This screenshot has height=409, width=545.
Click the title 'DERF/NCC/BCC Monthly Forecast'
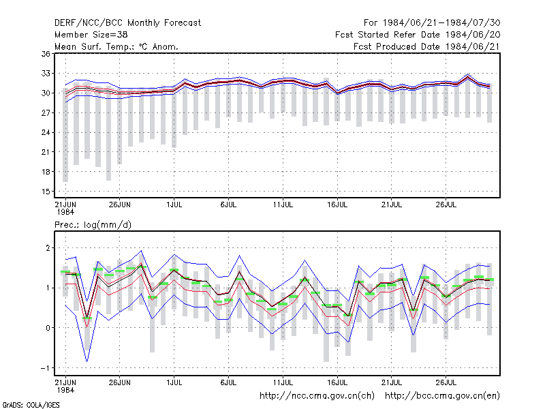tap(127, 23)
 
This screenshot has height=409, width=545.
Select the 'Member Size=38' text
tap(91, 35)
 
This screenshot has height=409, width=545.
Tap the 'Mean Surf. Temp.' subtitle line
tap(116, 46)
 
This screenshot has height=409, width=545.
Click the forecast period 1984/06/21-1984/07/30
tap(432, 23)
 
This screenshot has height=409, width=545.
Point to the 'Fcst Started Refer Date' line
tap(418, 35)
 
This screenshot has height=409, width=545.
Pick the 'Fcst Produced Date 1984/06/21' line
tap(426, 46)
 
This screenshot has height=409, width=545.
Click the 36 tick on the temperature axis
tap(46, 54)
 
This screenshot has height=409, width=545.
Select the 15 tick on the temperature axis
tap(46, 192)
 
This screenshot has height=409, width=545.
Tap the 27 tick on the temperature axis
tap(46, 113)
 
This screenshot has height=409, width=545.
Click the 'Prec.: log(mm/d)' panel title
tap(93, 225)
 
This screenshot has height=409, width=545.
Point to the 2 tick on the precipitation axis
tap(48, 248)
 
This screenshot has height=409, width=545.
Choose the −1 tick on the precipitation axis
tap(46, 368)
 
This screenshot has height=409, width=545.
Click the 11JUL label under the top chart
tap(283, 205)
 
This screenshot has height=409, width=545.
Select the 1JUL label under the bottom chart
tap(174, 383)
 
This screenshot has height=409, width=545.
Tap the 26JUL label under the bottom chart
tap(446, 383)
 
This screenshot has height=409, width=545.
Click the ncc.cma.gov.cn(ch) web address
tap(317, 396)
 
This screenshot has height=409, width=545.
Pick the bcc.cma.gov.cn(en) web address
tap(442, 396)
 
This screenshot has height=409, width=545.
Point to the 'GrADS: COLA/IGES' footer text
tap(31, 405)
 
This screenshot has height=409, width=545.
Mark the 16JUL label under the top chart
tap(337, 205)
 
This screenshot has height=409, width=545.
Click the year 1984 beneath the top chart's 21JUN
tap(65, 212)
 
